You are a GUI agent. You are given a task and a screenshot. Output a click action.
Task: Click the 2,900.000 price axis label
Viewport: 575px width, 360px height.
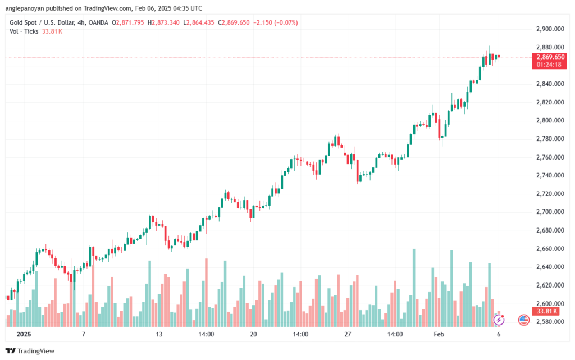point(550,29)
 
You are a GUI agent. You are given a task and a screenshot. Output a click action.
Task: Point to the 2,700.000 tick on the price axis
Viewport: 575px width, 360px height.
point(550,212)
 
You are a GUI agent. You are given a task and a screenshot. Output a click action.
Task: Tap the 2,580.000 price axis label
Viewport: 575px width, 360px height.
point(550,322)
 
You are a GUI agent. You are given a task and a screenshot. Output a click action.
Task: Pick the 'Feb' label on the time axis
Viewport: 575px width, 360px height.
point(439,334)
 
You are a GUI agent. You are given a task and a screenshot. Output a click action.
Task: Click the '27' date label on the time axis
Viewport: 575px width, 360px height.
point(348,334)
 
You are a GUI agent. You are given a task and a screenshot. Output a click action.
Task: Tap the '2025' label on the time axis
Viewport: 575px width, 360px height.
point(24,334)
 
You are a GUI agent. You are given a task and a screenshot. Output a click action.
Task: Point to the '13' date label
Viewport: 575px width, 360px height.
point(159,334)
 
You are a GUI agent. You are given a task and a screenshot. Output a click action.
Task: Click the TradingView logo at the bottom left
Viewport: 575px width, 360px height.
point(30,351)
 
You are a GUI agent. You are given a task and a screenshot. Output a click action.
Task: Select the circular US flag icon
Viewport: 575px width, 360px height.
point(524,320)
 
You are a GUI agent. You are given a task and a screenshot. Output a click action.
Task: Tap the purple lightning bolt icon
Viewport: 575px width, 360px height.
point(499,320)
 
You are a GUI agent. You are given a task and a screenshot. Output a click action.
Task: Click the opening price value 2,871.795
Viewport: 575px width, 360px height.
point(130,22)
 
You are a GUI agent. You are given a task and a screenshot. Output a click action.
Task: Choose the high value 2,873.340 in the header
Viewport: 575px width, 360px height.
point(166,22)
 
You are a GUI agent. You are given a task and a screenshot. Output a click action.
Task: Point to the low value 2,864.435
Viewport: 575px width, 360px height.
point(200,22)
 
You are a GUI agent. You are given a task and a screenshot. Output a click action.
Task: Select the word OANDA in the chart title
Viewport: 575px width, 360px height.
point(98,22)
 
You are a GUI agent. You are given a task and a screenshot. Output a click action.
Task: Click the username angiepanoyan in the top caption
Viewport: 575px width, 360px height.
point(25,8)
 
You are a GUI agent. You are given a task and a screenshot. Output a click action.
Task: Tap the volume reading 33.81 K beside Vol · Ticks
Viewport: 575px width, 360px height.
point(52,31)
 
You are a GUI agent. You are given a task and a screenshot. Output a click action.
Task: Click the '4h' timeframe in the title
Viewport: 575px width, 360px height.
point(81,22)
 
